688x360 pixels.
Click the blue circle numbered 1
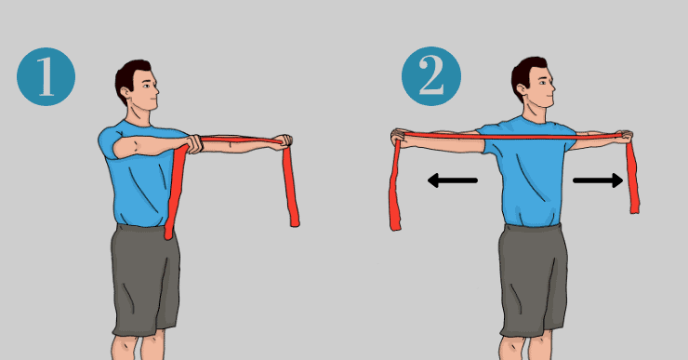46,76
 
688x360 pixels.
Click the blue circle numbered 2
431,76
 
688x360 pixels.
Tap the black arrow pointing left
453,180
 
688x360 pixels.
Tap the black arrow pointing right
598,180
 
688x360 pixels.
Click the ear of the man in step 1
126,93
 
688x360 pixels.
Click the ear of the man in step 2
522,89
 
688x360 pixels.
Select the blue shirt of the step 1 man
140,176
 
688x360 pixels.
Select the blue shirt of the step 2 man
530,171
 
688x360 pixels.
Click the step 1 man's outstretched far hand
283,141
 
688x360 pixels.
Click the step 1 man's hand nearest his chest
194,144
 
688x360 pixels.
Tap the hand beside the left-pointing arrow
400,138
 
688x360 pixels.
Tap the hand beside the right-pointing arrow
625,137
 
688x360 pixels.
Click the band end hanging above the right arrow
633,178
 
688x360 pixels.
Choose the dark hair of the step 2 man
525,73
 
